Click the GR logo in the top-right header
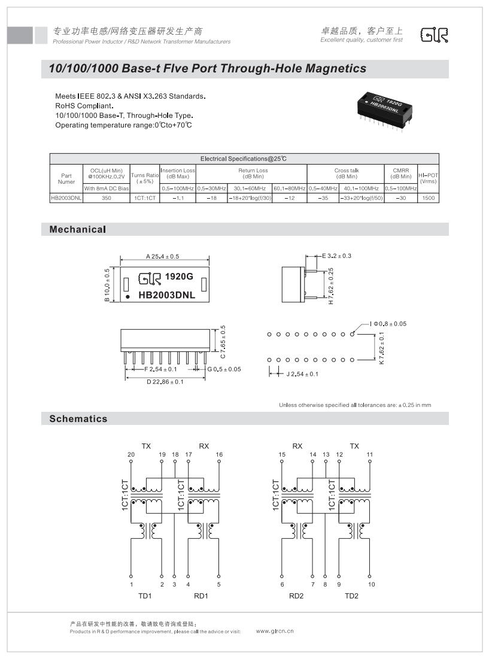(x=435, y=35)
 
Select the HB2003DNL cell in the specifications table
(x=66, y=197)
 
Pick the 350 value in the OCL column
(x=107, y=197)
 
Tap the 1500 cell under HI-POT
(x=428, y=197)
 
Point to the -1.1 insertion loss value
(x=178, y=197)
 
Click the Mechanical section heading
(x=78, y=229)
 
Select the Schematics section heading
(x=78, y=418)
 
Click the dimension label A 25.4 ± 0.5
(x=163, y=256)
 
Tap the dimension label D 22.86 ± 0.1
(x=165, y=381)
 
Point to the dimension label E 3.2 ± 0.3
(x=336, y=256)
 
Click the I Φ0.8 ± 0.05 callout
(x=388, y=324)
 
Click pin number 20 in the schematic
(x=131, y=455)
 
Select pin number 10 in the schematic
(x=371, y=584)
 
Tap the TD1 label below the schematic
(x=145, y=596)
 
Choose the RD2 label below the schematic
(x=296, y=596)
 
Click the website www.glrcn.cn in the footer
(x=275, y=631)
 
